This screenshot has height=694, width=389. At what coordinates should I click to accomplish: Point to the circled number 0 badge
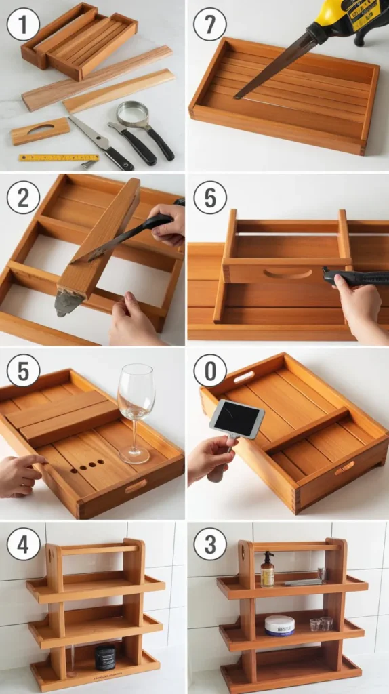click(210, 371)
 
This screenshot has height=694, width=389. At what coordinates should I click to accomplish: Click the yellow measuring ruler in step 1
click(58, 158)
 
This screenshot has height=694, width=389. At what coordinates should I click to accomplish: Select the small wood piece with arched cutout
click(40, 131)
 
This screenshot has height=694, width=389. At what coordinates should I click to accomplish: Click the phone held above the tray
click(237, 419)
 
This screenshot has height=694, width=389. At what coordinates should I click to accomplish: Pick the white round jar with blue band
click(279, 625)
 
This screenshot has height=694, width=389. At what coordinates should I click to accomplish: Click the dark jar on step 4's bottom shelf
click(105, 657)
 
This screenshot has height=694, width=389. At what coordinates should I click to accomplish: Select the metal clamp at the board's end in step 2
click(68, 303)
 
